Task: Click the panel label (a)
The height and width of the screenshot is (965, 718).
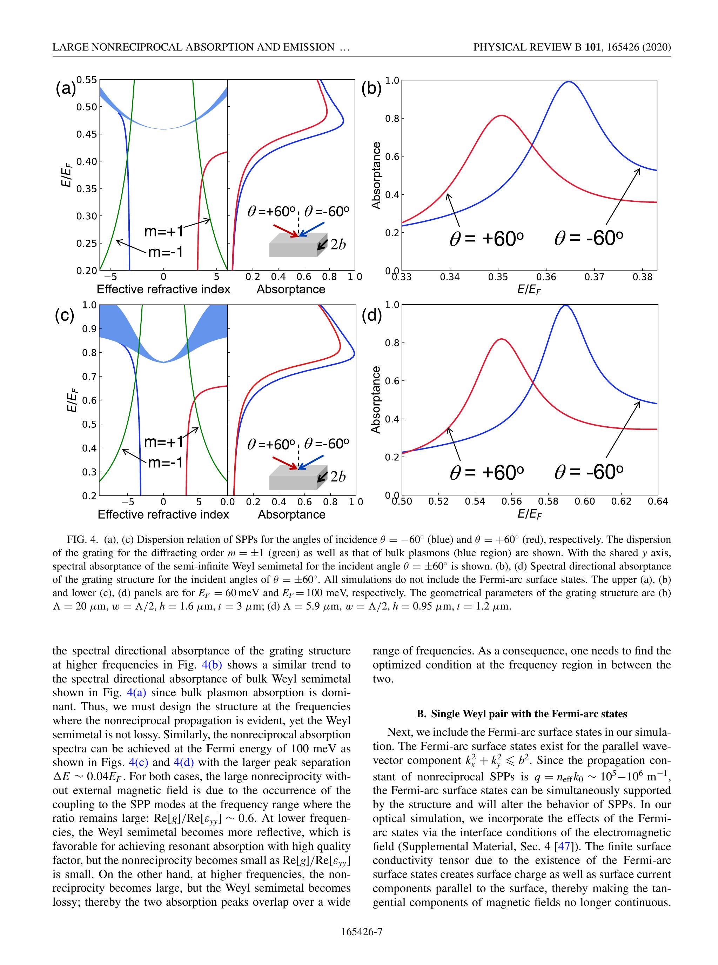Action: (x=65, y=89)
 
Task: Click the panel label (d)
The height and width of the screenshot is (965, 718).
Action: (x=371, y=315)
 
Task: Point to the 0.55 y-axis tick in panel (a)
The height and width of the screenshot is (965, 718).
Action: (x=87, y=80)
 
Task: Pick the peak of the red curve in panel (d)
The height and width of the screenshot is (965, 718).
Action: (x=502, y=339)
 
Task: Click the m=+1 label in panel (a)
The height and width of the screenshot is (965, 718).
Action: (x=163, y=231)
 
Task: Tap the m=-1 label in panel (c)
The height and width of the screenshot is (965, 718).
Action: (x=165, y=463)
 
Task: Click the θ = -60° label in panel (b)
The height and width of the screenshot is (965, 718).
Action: (x=589, y=238)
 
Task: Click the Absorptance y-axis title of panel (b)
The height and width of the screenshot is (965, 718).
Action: (x=376, y=175)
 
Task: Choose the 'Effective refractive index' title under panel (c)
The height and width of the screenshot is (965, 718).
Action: (x=163, y=515)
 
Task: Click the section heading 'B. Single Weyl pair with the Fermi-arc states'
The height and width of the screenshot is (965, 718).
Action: (x=522, y=714)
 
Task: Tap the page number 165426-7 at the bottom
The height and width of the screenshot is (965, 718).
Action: (x=362, y=932)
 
